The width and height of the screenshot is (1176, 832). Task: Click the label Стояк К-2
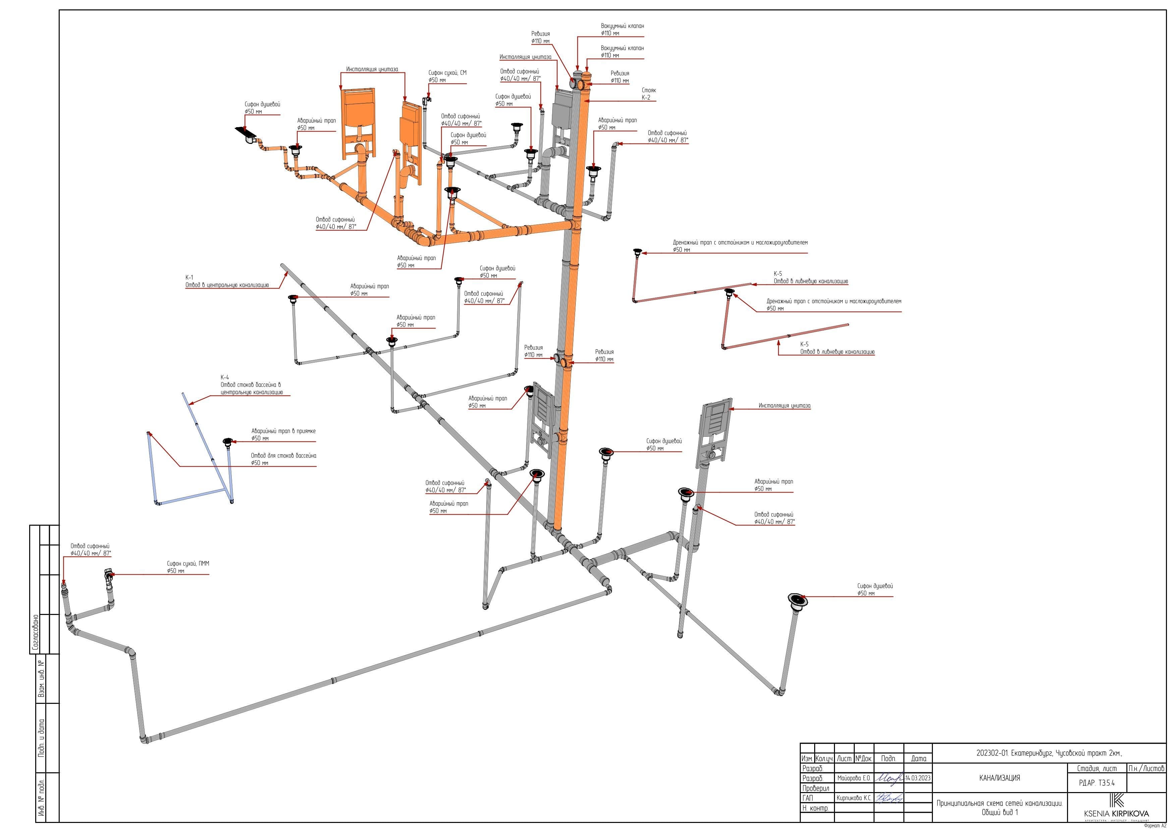pos(649,94)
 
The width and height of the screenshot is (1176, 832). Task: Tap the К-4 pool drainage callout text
pos(251,385)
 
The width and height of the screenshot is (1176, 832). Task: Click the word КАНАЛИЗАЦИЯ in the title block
pos(999,778)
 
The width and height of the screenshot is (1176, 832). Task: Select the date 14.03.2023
pos(918,778)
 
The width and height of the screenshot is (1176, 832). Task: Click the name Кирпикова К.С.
pos(854,798)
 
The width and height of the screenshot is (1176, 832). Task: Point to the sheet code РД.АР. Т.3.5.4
pos(1096,783)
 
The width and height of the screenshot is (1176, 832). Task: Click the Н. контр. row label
pos(815,808)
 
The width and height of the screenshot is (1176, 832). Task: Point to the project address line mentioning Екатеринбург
pos(1049,753)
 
